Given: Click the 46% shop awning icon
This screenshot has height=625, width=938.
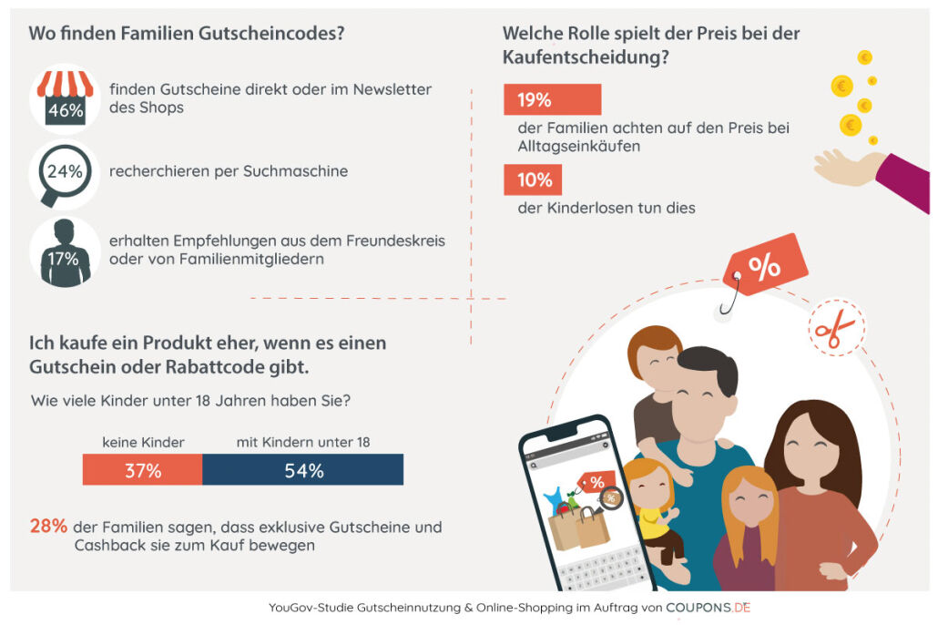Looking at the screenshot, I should point(65,98).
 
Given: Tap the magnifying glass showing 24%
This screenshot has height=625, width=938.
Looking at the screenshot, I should point(64,171).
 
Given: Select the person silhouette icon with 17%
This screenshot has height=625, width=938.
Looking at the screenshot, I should point(65,252).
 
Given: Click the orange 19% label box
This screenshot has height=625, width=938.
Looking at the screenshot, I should point(552,99).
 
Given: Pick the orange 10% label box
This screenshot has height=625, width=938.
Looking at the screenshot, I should point(533,179).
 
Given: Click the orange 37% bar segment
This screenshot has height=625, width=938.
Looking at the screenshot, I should point(143,470).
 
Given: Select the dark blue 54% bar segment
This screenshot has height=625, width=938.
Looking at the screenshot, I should point(302,470).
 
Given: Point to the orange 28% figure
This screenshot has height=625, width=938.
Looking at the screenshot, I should point(48,527).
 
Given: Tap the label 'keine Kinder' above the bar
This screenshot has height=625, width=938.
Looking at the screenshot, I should point(143,443).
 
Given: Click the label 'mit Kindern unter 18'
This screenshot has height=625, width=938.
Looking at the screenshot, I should point(302,443).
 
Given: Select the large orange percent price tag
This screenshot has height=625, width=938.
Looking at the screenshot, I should point(763,266).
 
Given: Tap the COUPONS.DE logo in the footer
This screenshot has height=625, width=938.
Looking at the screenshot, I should point(709,607).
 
